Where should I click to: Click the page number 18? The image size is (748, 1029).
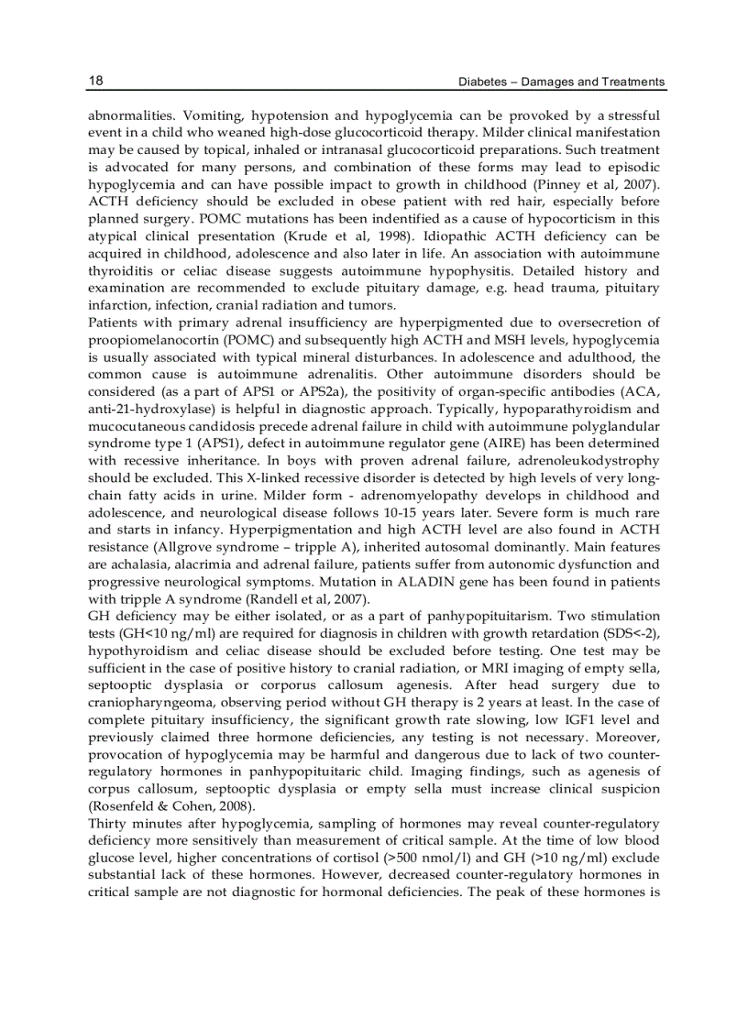pos(95,81)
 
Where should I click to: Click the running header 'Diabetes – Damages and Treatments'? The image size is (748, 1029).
pos(562,82)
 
